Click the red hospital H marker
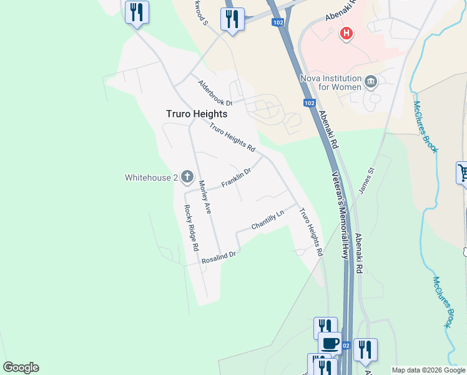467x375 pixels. [346, 33]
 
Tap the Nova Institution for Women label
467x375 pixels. [331, 82]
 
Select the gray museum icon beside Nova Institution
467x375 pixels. [371, 81]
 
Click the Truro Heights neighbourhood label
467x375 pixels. [197, 114]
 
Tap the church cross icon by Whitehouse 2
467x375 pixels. [185, 178]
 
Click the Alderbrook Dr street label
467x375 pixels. [215, 92]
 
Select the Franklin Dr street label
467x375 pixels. [236, 178]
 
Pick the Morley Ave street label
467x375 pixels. [205, 197]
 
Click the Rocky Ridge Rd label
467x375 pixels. [191, 228]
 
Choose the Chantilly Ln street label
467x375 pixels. [267, 219]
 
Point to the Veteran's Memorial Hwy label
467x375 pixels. [340, 215]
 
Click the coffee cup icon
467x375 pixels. [330, 343]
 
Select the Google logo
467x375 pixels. [21, 367]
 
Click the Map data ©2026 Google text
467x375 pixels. [428, 370]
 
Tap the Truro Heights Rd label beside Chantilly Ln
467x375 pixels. [310, 232]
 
